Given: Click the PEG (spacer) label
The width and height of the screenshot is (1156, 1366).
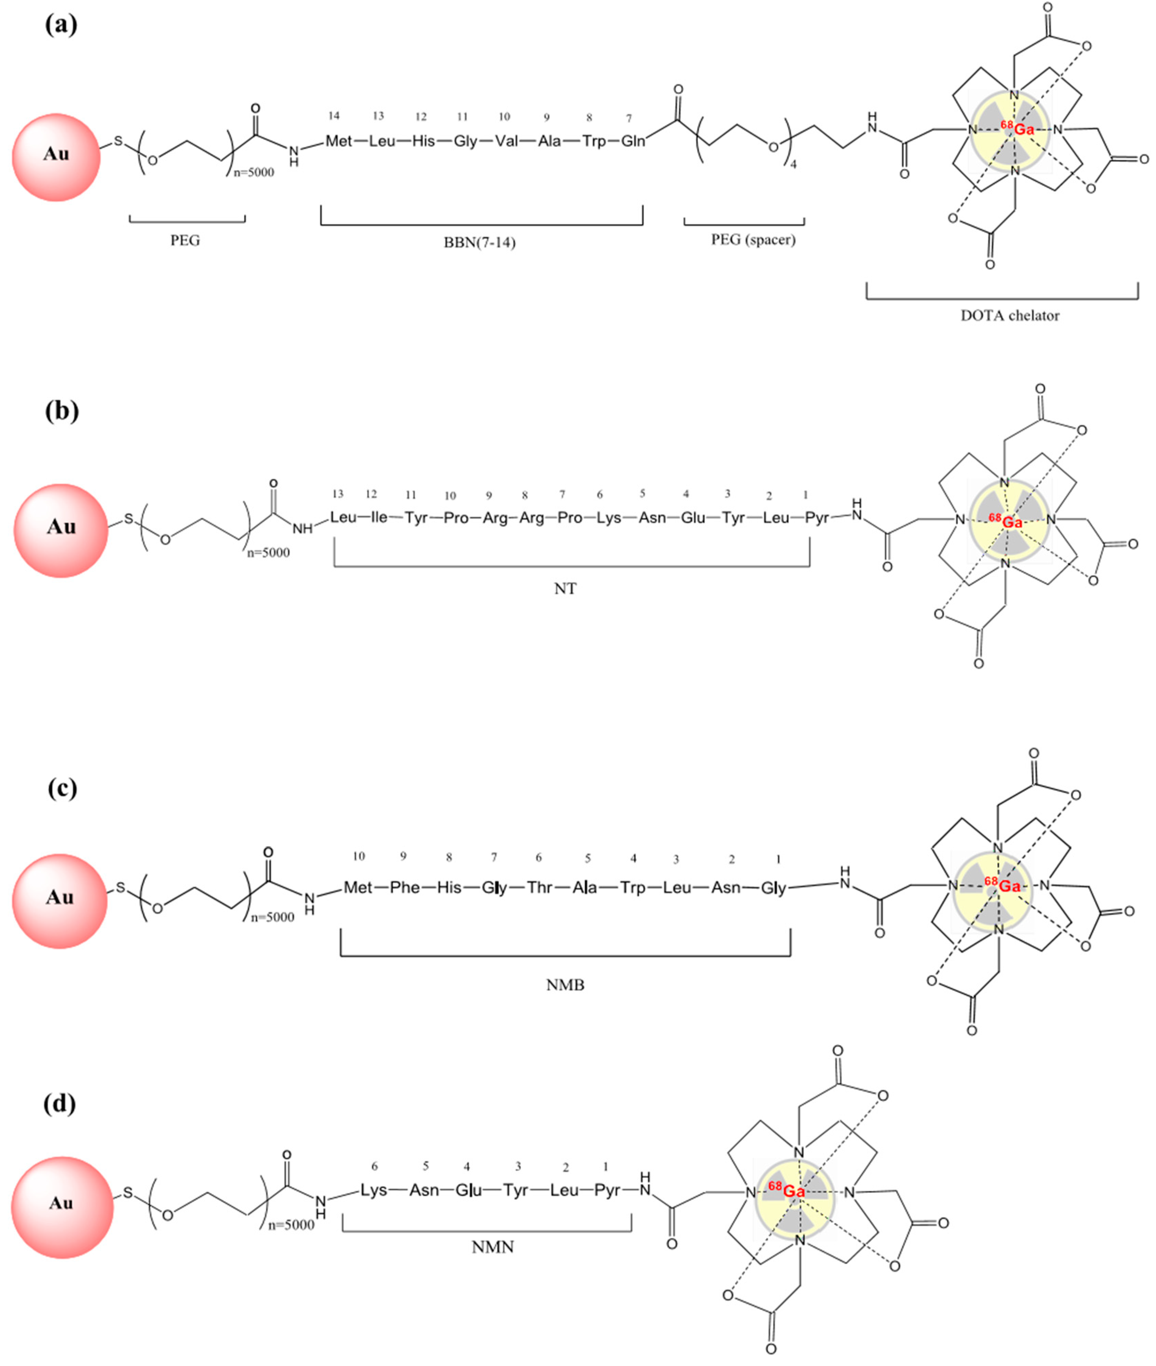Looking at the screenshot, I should click(x=753, y=240).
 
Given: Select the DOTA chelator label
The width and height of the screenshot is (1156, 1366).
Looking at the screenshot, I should click(x=1009, y=316).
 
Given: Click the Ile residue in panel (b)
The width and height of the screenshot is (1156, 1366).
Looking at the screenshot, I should click(x=379, y=517).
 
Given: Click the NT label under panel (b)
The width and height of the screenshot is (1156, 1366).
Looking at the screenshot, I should click(x=565, y=589).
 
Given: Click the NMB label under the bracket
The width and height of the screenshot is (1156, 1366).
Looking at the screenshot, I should click(x=565, y=984).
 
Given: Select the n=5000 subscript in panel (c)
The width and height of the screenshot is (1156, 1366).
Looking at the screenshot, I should click(x=273, y=917).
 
